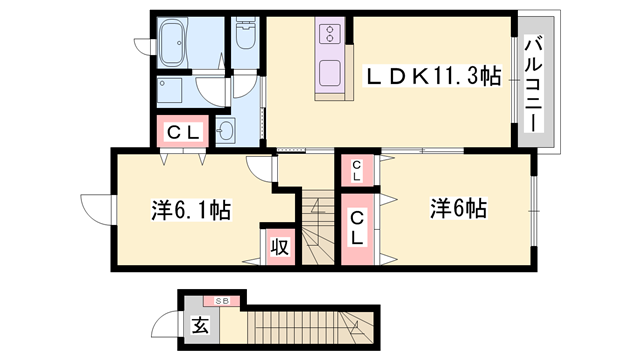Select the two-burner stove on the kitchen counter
point(330,35)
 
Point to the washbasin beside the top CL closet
point(224,131)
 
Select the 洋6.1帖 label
point(191,210)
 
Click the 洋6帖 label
point(458,209)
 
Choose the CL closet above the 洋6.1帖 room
point(182,131)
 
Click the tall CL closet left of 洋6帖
point(357,229)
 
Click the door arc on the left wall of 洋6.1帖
point(96,207)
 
